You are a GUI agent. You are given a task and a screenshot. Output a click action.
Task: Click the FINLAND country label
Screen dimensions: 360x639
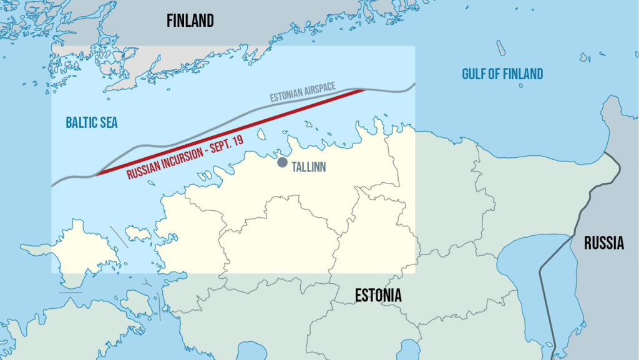[x=190, y=21]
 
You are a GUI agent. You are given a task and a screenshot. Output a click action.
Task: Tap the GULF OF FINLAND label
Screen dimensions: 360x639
[x=502, y=74]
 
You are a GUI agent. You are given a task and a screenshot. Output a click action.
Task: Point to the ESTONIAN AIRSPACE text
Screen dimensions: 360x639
[x=303, y=92]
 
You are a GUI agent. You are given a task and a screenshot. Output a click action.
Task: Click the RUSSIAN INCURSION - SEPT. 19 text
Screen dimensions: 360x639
[x=185, y=157]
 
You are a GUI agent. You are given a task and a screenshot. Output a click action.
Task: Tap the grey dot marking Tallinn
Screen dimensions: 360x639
[x=282, y=163]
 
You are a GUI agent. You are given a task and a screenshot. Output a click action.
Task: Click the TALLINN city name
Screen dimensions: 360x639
[x=310, y=168]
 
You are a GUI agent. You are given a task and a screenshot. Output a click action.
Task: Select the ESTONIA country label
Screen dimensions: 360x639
[x=378, y=296]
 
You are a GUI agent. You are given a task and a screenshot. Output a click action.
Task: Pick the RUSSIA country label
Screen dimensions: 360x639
[x=603, y=243]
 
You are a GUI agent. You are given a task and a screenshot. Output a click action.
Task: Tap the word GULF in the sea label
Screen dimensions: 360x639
[x=474, y=74]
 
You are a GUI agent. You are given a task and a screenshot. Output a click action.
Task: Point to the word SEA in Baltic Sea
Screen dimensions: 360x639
[x=107, y=123]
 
